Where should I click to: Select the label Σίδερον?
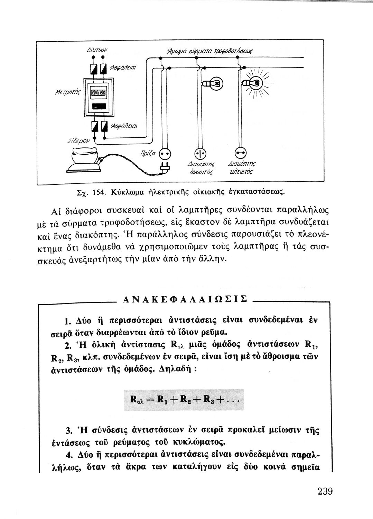pyautogui.click(x=76, y=140)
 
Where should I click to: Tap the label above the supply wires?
pyautogui.click(x=214, y=52)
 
